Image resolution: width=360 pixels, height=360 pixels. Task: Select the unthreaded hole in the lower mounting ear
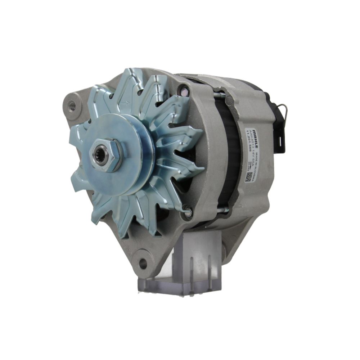(x=143, y=263)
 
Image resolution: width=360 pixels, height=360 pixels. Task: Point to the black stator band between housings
(x=230, y=158)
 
